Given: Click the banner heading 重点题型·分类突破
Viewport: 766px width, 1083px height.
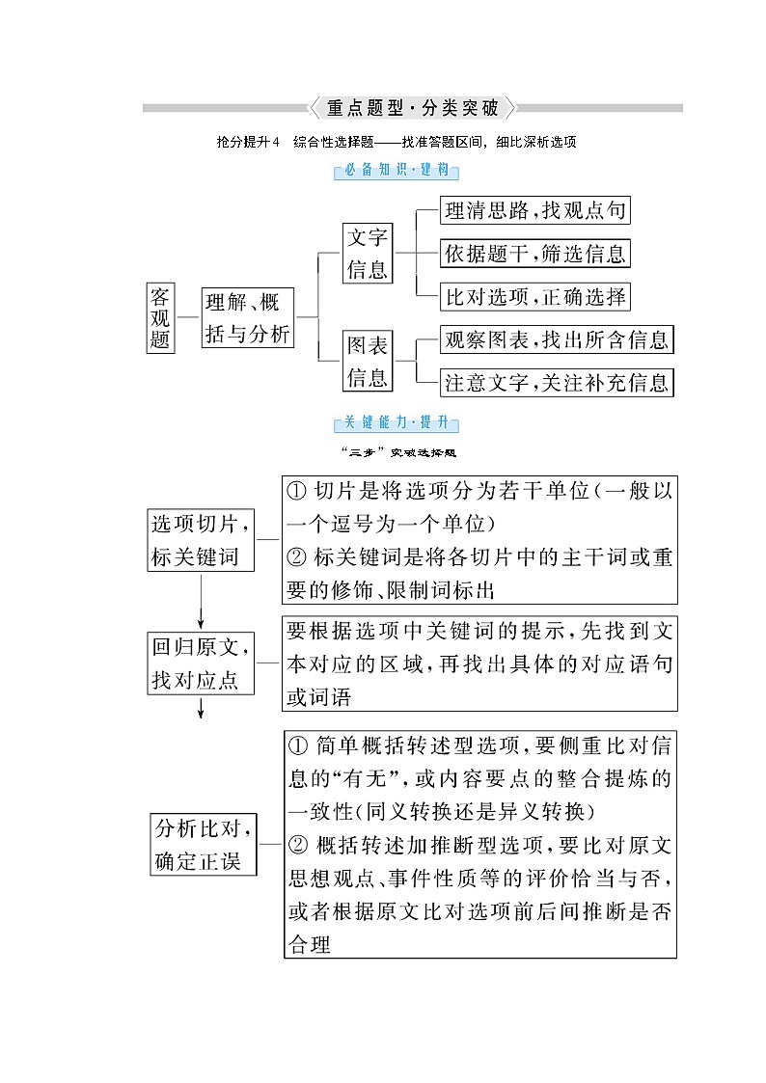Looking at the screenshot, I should [412, 108].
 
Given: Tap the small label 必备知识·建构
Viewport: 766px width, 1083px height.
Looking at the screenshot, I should [397, 172].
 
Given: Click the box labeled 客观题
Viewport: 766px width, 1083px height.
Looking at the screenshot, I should [160, 317].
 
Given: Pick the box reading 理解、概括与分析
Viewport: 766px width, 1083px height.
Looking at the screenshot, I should [247, 317].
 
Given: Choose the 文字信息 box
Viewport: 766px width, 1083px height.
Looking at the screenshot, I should [368, 253].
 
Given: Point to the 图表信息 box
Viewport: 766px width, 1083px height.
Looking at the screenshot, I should [368, 361].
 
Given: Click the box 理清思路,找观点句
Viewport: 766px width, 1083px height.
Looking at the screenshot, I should [535, 210].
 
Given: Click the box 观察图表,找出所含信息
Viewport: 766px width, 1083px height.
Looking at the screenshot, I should [556, 339].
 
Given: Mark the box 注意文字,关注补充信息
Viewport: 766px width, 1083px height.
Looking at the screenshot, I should [556, 382].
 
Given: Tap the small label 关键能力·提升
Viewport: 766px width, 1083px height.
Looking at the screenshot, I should [397, 422].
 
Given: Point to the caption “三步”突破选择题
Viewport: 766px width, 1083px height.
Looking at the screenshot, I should [397, 451].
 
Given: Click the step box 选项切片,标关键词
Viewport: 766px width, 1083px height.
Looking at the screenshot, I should [202, 540].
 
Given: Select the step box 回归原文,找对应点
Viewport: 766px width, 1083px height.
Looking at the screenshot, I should [202, 663].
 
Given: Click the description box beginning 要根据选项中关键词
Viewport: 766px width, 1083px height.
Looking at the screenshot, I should [479, 663].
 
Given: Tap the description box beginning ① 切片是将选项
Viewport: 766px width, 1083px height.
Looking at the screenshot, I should [479, 540].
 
